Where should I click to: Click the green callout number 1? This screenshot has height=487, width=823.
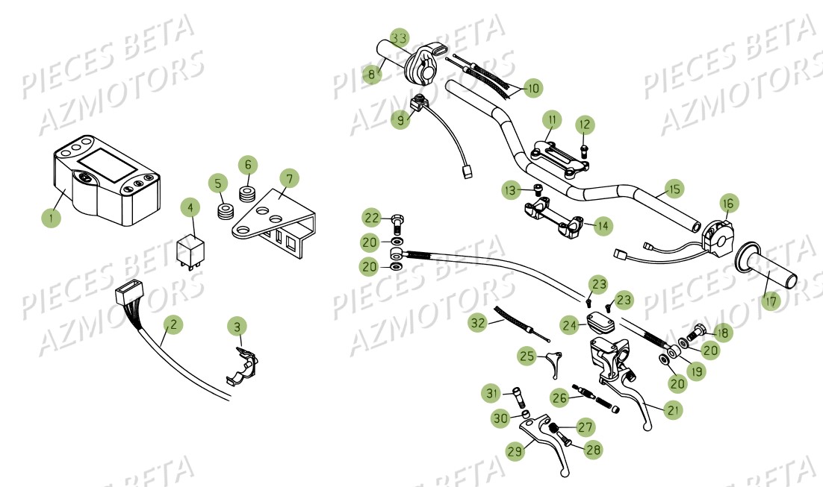[x=51, y=218]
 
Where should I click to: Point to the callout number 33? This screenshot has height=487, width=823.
[x=400, y=37]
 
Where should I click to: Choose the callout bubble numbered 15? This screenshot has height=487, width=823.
[x=674, y=190]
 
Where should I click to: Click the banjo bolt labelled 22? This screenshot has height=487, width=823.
[x=397, y=221]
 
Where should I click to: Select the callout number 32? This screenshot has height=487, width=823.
[x=478, y=323]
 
